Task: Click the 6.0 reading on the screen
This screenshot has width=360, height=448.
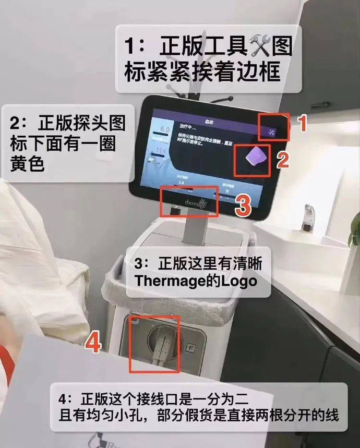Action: pyautogui.click(x=165, y=130)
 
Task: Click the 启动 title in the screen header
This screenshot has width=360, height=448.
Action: pyautogui.click(x=209, y=123)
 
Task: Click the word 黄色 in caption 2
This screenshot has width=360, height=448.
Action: pyautogui.click(x=27, y=164)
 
